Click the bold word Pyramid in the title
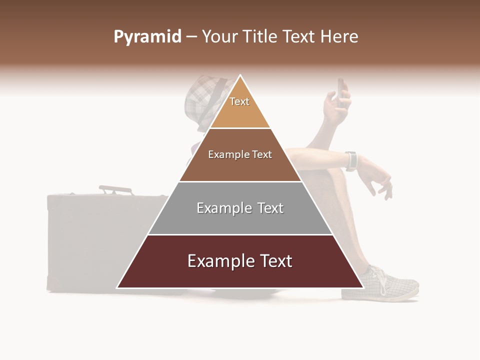pos(147,37)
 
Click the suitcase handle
pos(115,189)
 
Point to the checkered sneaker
pos(392,285)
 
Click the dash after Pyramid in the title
pos(191,37)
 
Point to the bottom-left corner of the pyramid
pos(117,287)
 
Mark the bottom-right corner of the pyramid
pos(363,287)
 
